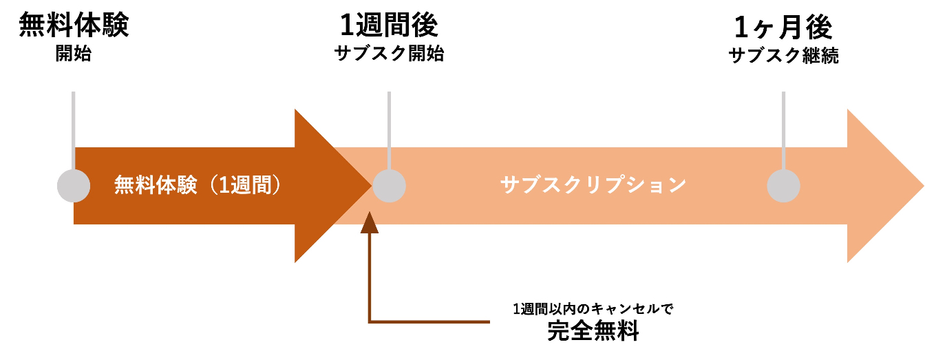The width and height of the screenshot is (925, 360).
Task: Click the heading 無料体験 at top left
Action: (73, 26)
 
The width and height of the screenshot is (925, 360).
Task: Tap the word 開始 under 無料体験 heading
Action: (73, 54)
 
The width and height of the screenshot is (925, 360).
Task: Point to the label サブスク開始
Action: (389, 54)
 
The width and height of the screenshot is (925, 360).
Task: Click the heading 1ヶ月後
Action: (783, 28)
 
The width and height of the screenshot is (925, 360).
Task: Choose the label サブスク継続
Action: (783, 56)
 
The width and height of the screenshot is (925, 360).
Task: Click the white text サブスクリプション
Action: (593, 186)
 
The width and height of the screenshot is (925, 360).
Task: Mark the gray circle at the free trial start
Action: (73, 186)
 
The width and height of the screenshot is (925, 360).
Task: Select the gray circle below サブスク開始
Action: (389, 186)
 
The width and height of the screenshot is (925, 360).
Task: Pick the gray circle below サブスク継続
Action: (783, 186)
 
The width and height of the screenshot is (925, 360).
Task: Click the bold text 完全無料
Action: (593, 332)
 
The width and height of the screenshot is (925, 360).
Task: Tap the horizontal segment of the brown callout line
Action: (430, 321)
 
